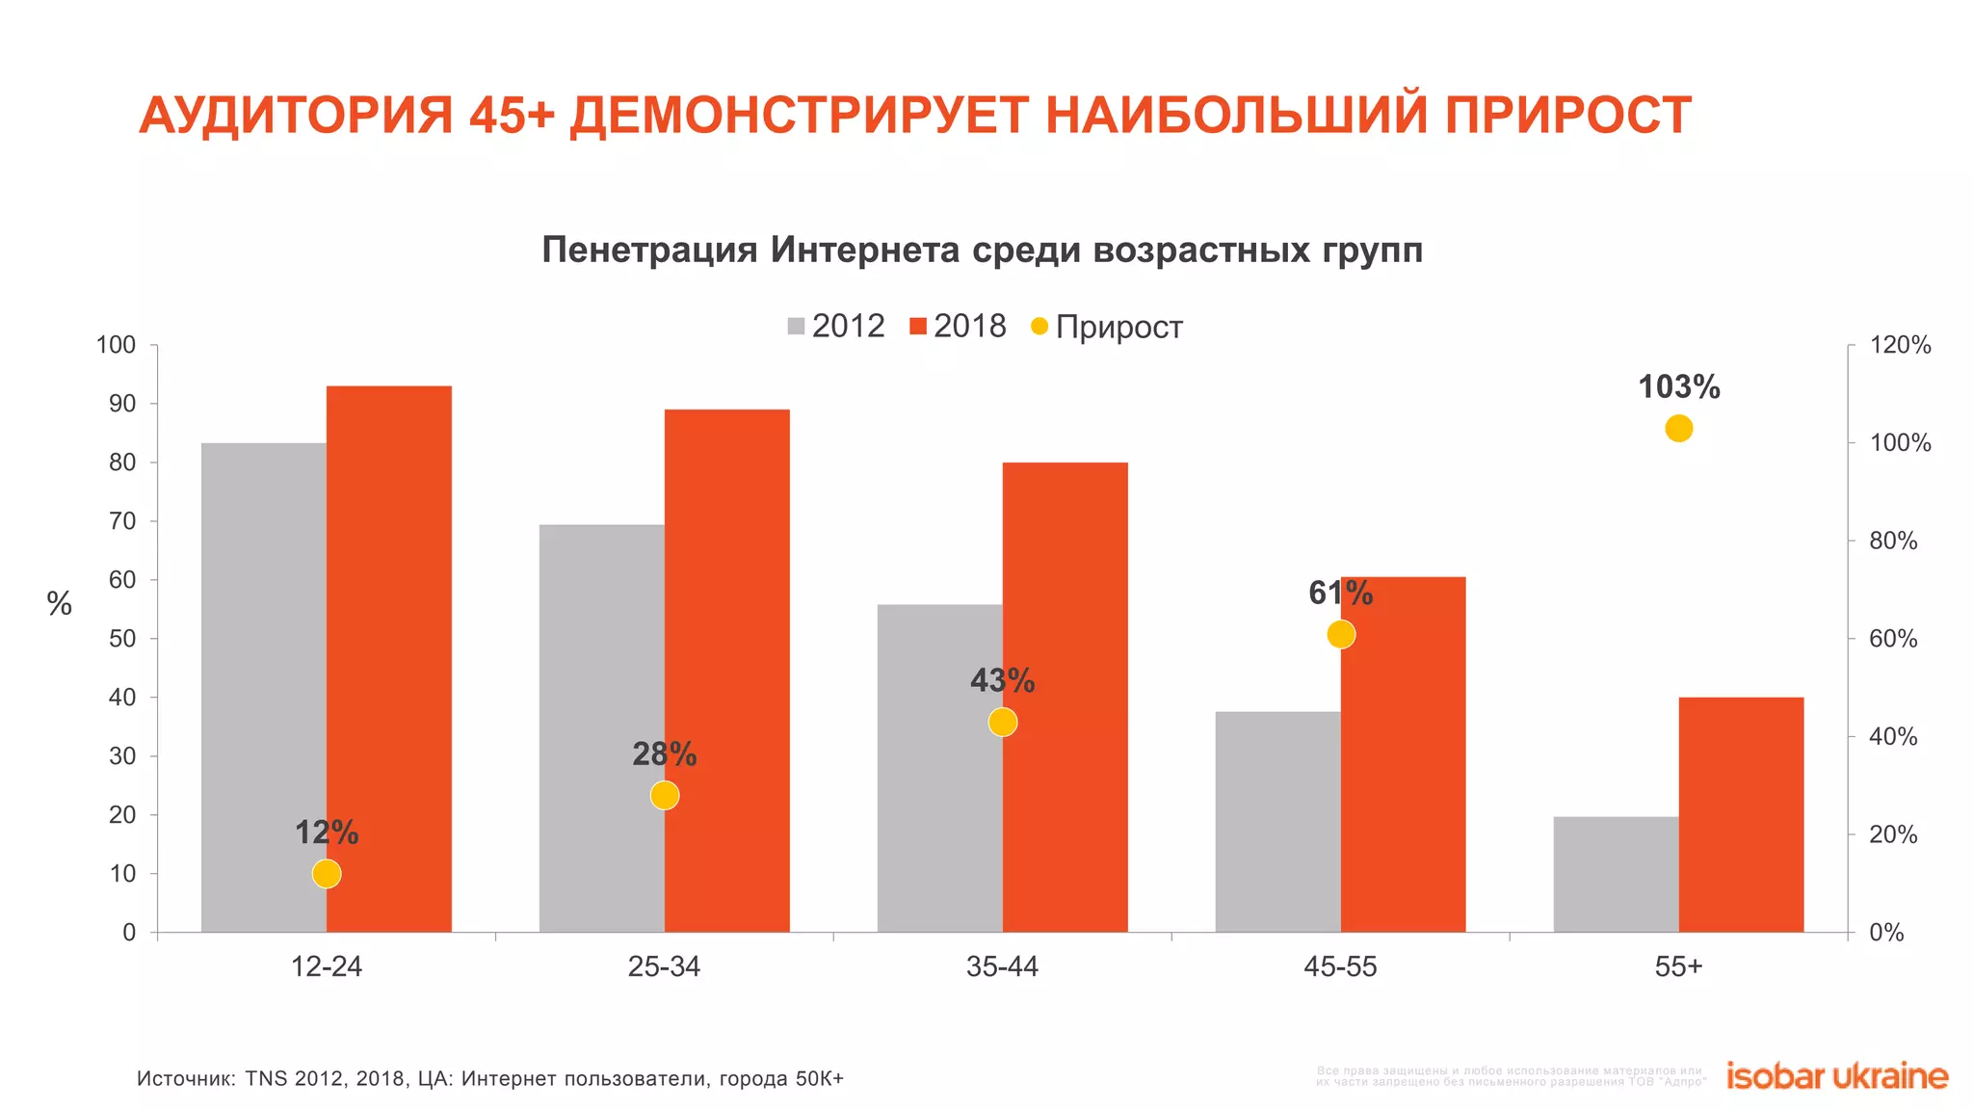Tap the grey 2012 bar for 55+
pyautogui.click(x=1616, y=874)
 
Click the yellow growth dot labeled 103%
pyautogui.click(x=1678, y=429)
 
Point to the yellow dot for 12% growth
pyautogui.click(x=327, y=874)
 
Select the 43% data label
pyautogui.click(x=1002, y=681)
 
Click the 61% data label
pyautogui.click(x=1340, y=594)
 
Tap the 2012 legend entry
pyautogui.click(x=835, y=327)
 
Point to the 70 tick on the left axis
pyautogui.click(x=122, y=521)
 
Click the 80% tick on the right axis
pyautogui.click(x=1893, y=542)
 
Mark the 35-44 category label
pyautogui.click(x=1002, y=966)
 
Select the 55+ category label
pyautogui.click(x=1678, y=966)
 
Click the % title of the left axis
pyautogui.click(x=60, y=604)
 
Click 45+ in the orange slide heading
pyautogui.click(x=513, y=116)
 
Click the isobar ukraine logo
pyautogui.click(x=1836, y=1076)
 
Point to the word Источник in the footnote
pyautogui.click(x=185, y=1078)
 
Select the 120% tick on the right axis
pyautogui.click(x=1900, y=345)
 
